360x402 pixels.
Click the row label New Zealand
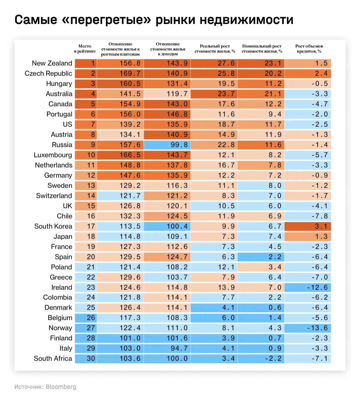(x=52, y=63)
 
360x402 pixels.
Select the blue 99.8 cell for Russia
(x=167, y=145)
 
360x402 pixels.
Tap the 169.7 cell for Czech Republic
(x=120, y=73)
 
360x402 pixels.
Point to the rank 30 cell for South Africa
(x=86, y=359)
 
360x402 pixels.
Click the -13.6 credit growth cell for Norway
(x=308, y=328)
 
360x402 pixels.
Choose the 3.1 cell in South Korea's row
(x=308, y=226)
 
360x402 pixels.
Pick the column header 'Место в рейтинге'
(x=85, y=49)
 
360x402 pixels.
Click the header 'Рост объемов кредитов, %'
(x=309, y=49)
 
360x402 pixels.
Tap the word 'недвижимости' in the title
(x=246, y=20)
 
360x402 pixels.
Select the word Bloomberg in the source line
(x=61, y=387)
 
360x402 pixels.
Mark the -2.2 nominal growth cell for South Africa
(x=261, y=359)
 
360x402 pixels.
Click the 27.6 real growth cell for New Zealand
(x=214, y=63)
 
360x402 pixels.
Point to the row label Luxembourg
(x=53, y=155)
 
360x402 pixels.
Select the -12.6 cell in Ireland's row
(x=308, y=287)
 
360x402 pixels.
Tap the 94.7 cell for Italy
(x=167, y=348)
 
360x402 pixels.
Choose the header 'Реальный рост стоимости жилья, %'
(x=215, y=49)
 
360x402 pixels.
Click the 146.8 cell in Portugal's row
(x=167, y=114)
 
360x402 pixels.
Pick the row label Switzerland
(x=54, y=196)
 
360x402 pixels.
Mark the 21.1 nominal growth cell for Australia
(x=261, y=94)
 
